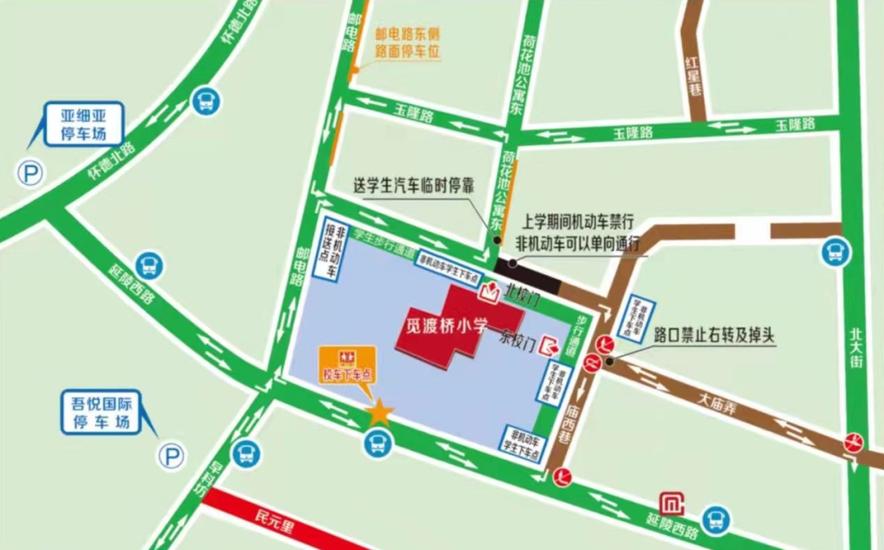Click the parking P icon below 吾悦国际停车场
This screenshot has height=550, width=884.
coord(172,456)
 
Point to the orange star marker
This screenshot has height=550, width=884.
coord(380,412)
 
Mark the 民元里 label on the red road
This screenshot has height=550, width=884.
coord(273,518)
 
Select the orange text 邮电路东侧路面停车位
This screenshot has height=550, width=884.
coord(408,43)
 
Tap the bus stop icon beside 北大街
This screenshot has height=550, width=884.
coord(834,250)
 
